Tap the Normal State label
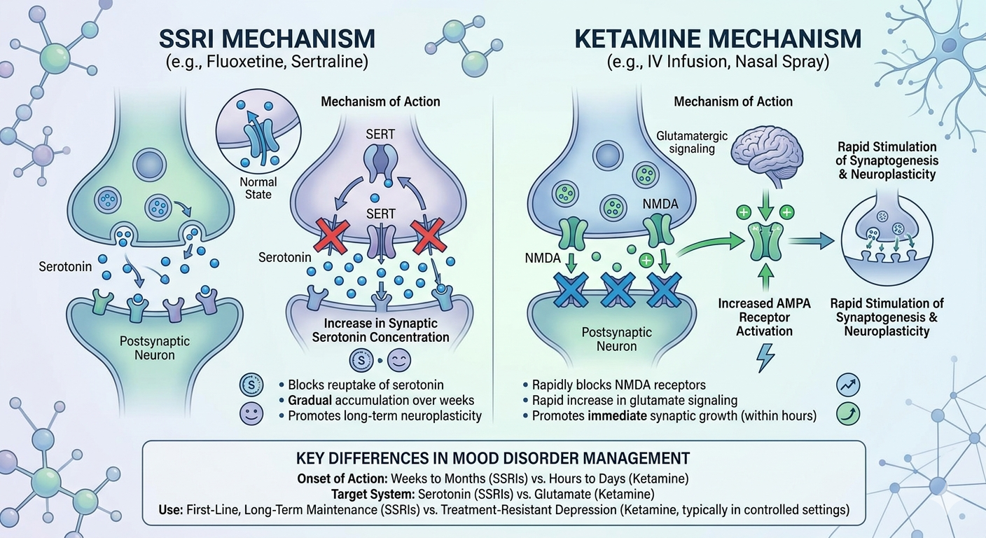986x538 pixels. click(258, 188)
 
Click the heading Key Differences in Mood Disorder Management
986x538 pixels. click(492, 459)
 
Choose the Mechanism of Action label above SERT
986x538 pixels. click(380, 102)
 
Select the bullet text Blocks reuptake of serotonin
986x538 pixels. click(365, 385)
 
